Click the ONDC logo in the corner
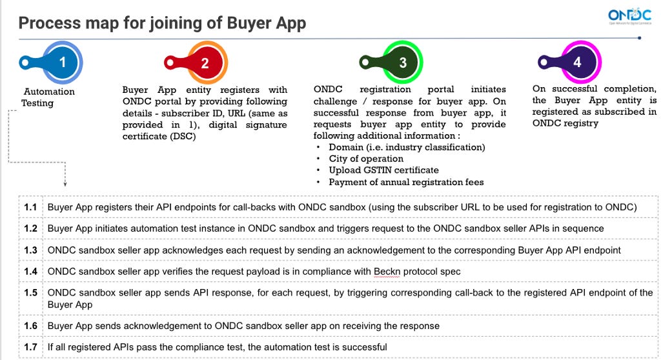pos(630,16)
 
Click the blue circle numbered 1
pos(63,62)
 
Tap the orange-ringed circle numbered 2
pos(205,63)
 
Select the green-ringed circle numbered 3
pos(403,63)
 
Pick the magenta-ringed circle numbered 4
pos(578,63)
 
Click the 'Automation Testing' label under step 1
pos(48,97)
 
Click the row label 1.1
pos(30,207)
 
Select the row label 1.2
pos(30,228)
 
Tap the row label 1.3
pos(30,250)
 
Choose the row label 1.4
pos(30,272)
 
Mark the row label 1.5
pos(30,293)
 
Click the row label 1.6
pos(30,326)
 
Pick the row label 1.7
pos(30,347)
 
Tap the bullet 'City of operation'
pos(366,159)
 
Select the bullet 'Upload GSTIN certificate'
pos(383,170)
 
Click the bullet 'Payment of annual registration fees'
pos(406,182)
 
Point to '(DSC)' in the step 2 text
pos(137,136)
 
